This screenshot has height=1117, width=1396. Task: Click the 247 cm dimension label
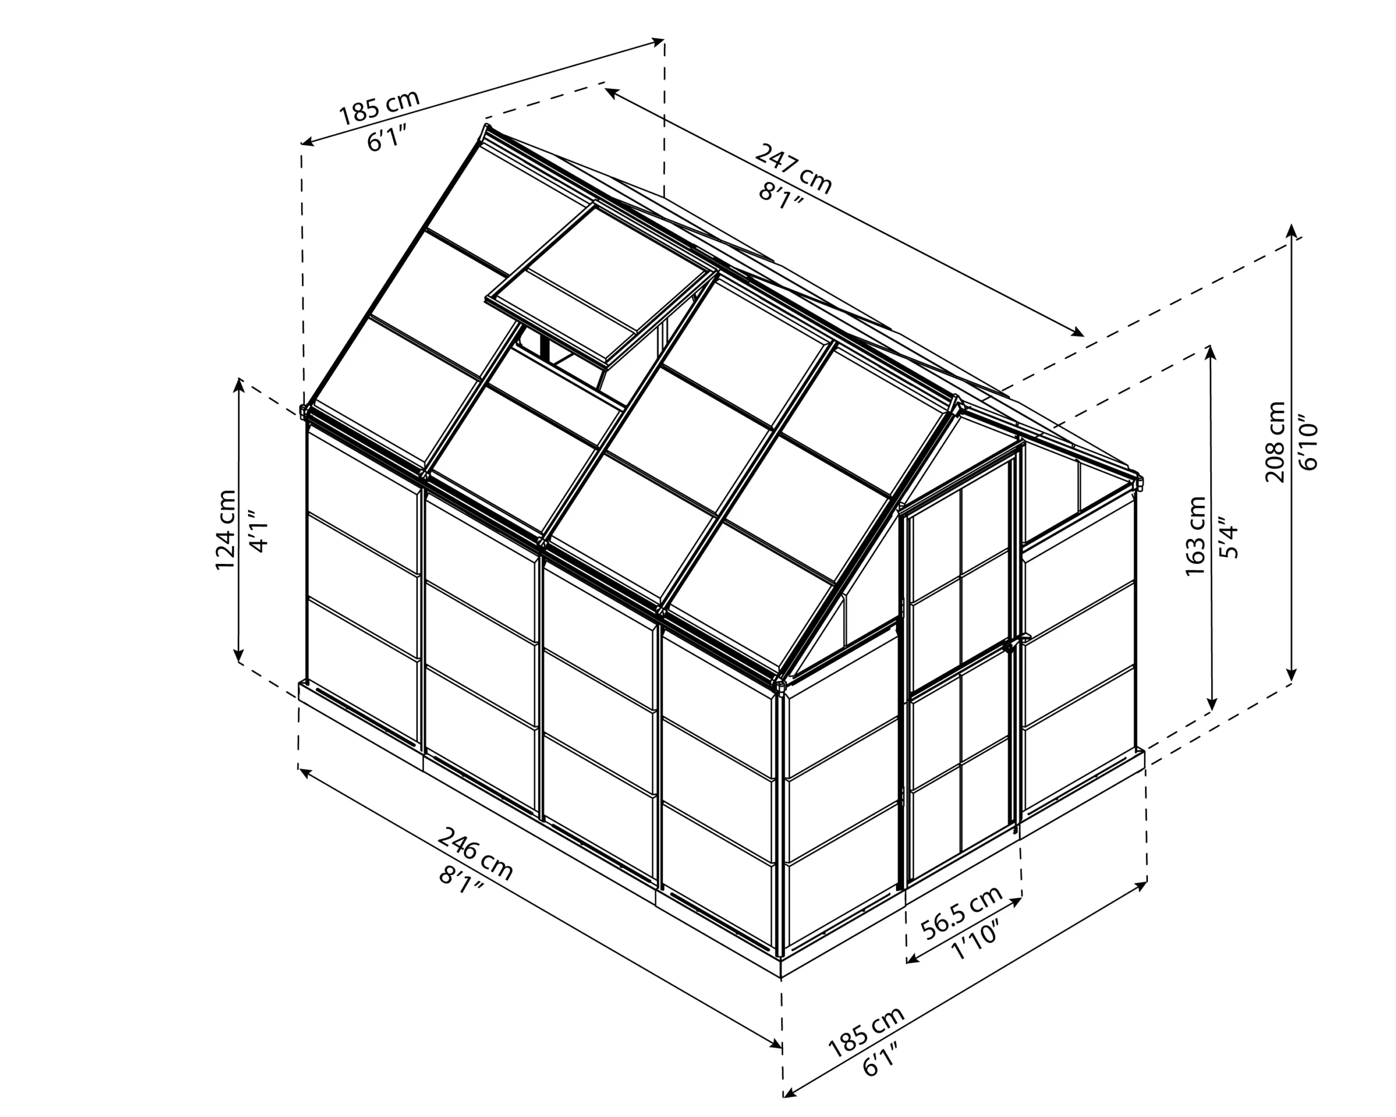point(793,170)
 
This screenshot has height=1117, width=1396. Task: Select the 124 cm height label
point(225,530)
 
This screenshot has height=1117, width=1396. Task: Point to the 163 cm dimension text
point(1195,536)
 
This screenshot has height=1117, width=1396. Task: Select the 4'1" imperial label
point(258,532)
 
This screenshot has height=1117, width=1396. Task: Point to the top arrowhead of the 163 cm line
point(1210,349)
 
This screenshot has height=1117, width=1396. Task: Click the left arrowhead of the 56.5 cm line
point(910,959)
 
